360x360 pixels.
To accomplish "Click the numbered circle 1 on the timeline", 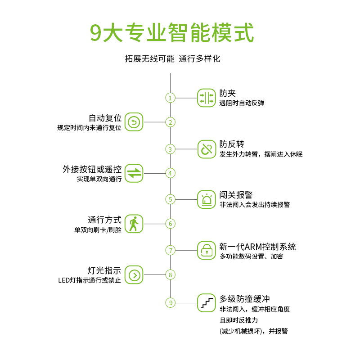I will pos(170,98).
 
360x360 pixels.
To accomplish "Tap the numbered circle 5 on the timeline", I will pos(170,199).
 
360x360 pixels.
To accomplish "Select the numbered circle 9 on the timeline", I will pos(170,302).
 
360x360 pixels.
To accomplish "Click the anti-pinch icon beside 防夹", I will pos(207,98).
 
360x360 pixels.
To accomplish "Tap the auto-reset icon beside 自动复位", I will pos(134,122).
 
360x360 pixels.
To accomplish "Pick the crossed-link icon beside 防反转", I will pos(207,149).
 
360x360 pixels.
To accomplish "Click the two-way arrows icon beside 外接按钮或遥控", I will pos(134,173).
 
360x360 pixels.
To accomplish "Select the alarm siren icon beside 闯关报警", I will pos(207,199).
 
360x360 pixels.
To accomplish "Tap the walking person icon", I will pos(134,224).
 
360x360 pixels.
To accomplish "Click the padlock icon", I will pos(207,250).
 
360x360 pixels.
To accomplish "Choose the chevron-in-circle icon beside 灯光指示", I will pos(134,274).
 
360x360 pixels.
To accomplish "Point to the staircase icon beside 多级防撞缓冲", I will pos(207,302).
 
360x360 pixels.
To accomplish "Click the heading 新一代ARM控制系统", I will pos(257,247).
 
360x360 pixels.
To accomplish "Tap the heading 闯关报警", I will pos(236,195).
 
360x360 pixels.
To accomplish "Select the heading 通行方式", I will pos(104,220).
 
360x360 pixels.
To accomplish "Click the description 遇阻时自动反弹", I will pos(242,103).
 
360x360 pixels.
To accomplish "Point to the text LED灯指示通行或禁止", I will pos(90,280).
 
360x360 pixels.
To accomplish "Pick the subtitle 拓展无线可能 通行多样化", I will pos(173,59).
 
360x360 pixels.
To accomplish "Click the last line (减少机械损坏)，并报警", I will pos(253,331).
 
